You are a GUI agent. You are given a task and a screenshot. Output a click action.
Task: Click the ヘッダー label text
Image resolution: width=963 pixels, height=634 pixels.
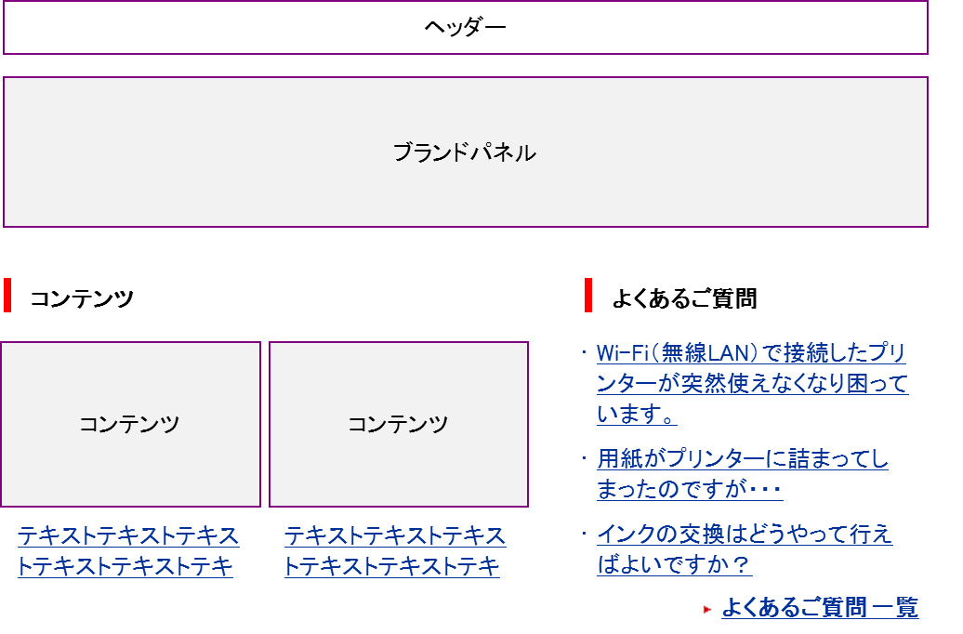(x=465, y=27)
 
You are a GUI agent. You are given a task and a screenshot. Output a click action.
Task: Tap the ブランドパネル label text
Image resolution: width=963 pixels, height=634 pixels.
(x=464, y=152)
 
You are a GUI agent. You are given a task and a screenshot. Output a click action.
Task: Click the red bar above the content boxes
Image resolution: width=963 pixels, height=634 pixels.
(x=7, y=295)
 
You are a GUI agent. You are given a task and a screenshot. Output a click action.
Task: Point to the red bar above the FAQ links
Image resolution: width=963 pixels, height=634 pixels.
(x=588, y=295)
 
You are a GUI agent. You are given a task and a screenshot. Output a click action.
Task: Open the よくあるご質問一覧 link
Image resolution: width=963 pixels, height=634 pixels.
(x=819, y=608)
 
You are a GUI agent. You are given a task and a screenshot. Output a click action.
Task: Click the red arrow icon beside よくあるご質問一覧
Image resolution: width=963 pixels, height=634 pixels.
(x=706, y=610)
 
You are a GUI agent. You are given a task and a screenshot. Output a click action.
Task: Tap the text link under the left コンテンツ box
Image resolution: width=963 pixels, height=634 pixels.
(x=127, y=551)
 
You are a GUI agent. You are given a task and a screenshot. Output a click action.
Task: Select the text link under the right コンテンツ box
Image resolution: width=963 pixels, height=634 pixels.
(x=394, y=551)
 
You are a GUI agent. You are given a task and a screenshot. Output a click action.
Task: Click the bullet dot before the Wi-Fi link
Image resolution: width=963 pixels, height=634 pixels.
(x=584, y=353)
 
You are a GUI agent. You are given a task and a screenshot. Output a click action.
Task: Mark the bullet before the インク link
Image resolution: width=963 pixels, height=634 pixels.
(x=584, y=535)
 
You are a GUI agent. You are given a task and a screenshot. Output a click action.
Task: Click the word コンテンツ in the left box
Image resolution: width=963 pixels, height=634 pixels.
(x=129, y=425)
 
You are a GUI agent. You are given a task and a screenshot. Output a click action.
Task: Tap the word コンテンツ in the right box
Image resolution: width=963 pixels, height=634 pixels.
(x=398, y=425)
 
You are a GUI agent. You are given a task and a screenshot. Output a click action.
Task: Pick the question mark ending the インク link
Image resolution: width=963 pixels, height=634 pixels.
(x=740, y=565)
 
